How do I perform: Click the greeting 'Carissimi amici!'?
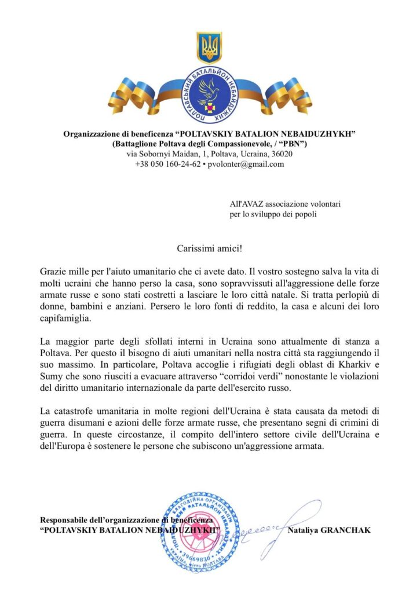pos(210,248)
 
